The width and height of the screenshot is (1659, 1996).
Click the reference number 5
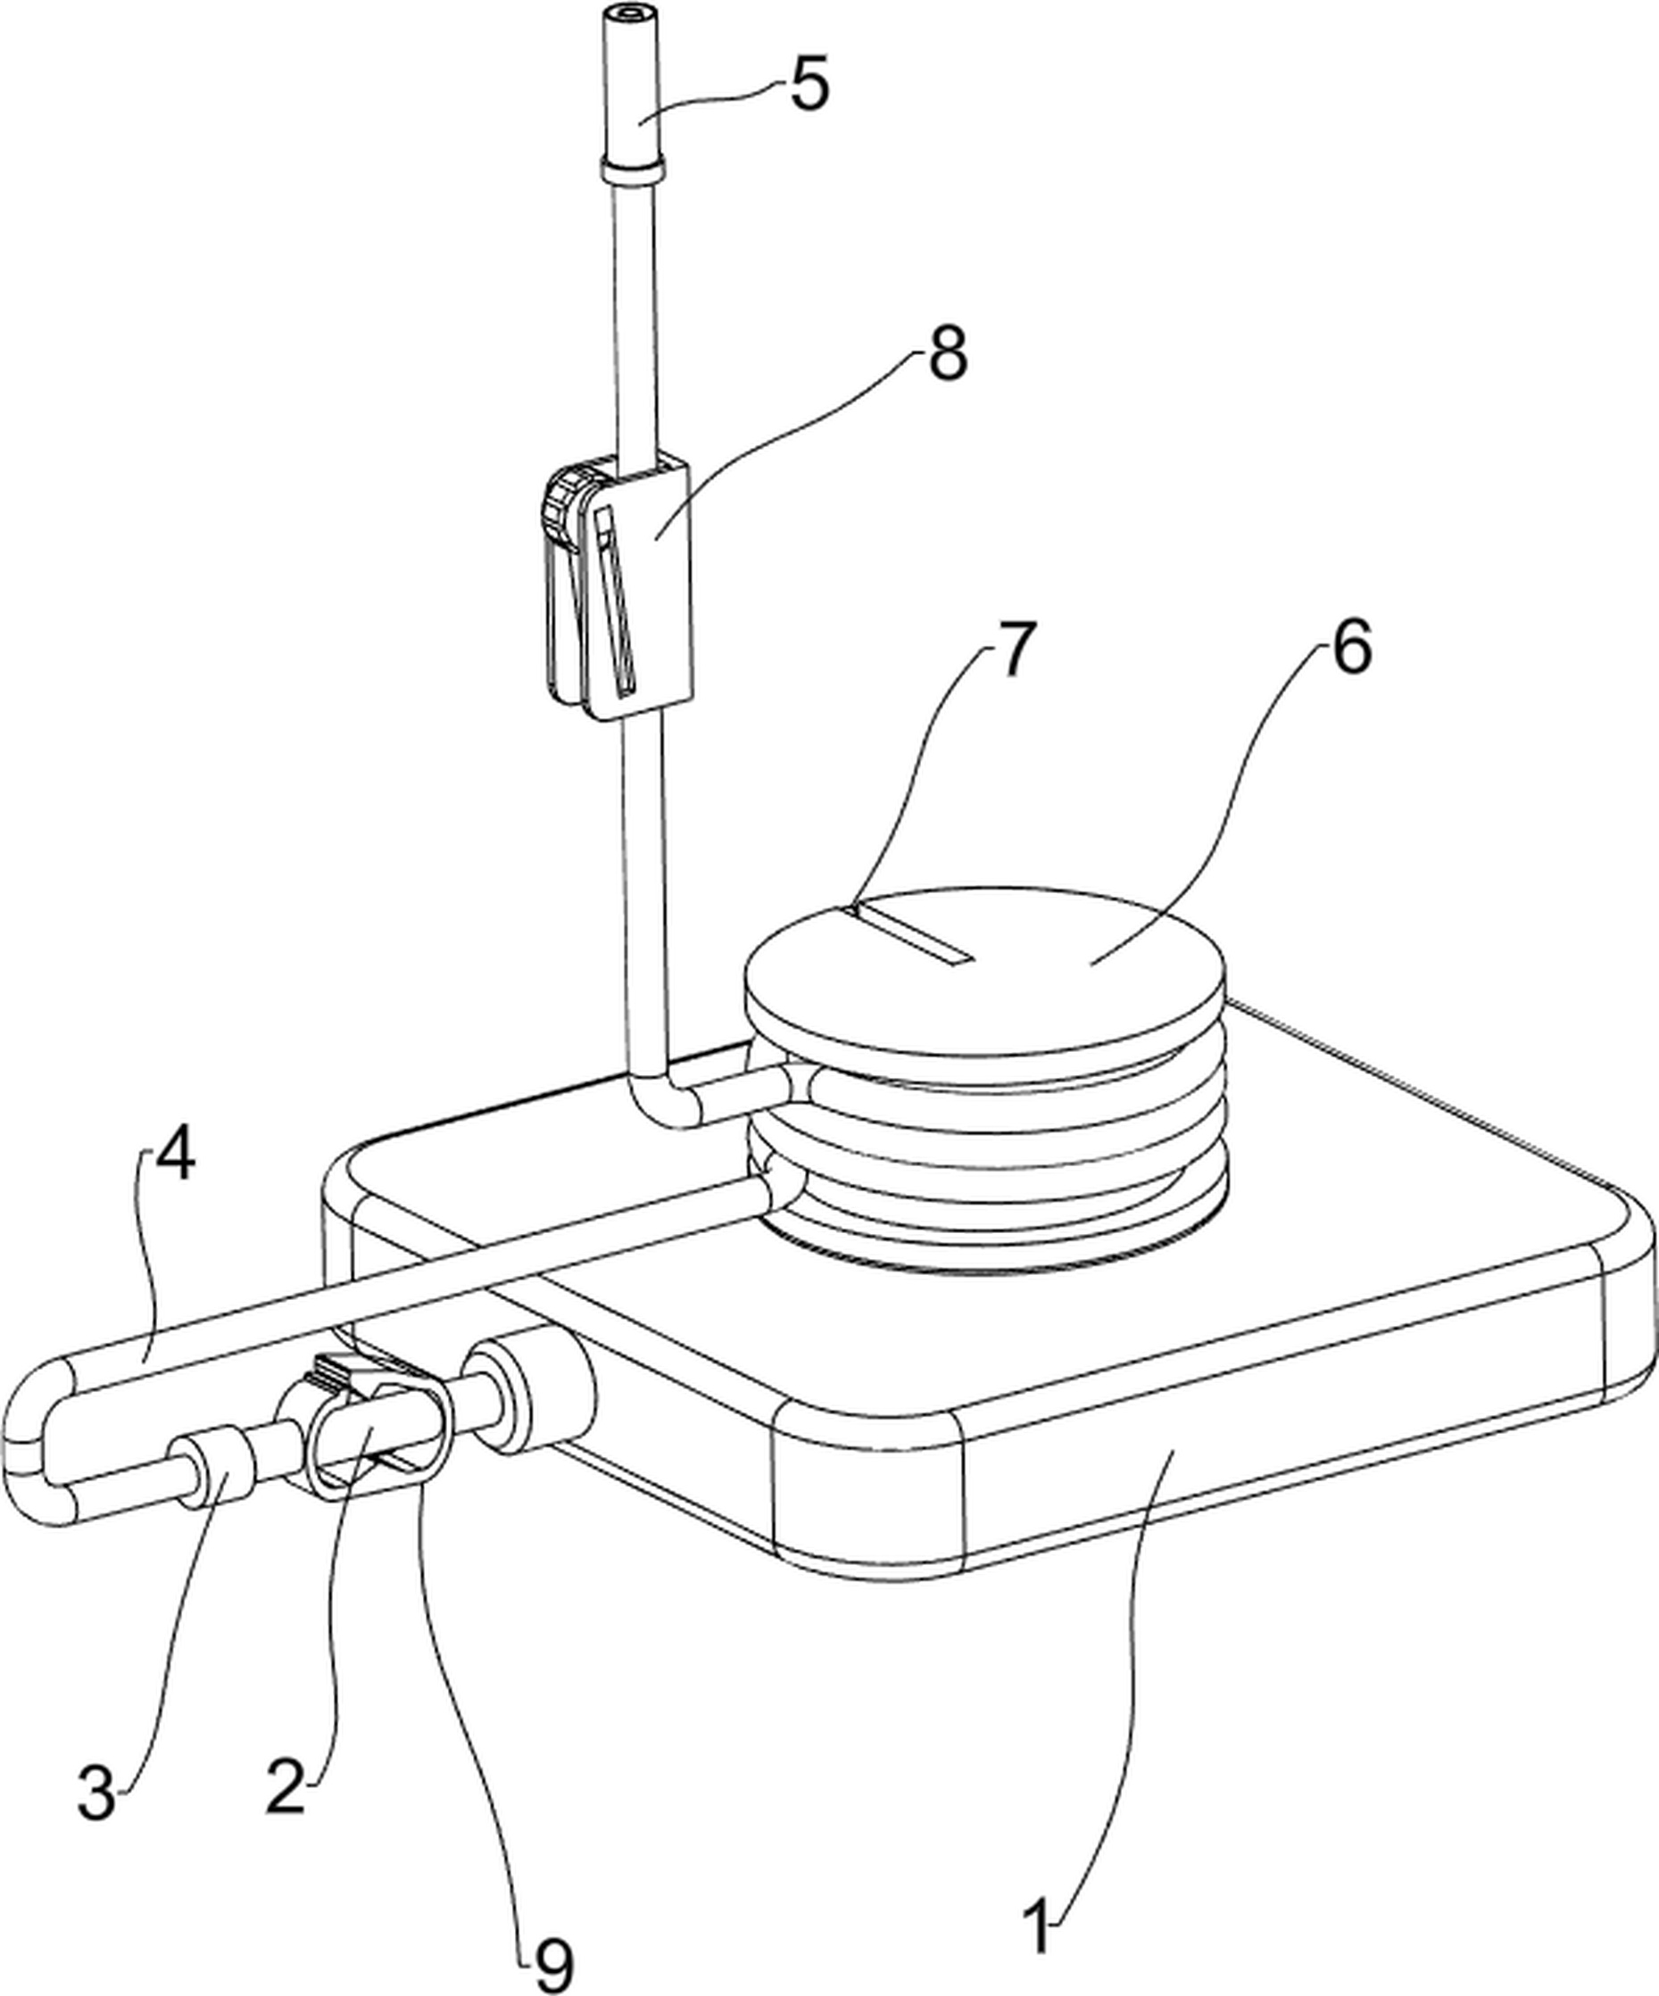point(810,85)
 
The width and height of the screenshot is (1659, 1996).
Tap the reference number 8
point(947,353)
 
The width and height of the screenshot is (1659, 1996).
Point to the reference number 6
point(1351,647)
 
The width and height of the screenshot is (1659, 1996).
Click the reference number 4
point(176,1155)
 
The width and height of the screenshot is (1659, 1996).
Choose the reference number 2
point(286,1787)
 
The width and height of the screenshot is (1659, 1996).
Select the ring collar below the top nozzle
point(631,172)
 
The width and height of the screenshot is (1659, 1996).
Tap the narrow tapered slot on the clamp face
point(614,600)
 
